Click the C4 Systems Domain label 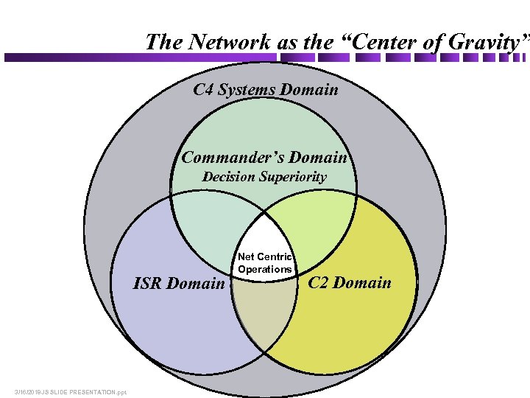pos(266,90)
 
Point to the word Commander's pos(233,157)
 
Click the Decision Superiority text pos(264,177)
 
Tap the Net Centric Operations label pos(265,263)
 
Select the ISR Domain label pos(179,283)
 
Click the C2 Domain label pos(350,282)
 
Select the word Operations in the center pos(265,269)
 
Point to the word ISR pos(148,283)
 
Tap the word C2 pos(320,282)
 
